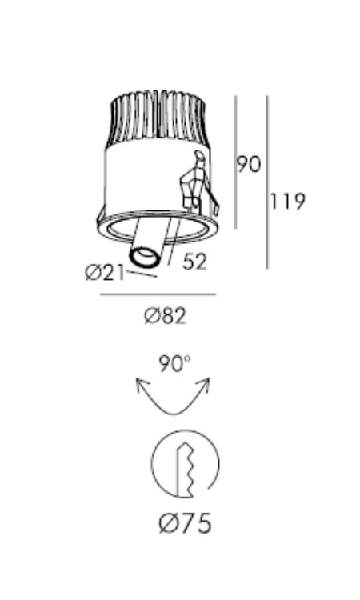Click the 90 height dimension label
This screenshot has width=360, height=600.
(249, 164)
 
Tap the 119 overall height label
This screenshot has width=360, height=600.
(288, 202)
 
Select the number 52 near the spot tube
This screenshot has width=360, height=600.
(194, 262)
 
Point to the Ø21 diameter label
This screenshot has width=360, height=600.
(105, 274)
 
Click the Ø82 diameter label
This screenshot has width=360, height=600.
(166, 317)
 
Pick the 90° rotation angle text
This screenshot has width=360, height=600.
(174, 364)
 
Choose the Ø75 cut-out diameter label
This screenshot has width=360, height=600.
(185, 523)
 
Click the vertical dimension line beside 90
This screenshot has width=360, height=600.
(236, 162)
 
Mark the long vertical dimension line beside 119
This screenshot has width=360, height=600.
(267, 182)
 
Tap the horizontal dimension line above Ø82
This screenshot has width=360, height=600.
(158, 294)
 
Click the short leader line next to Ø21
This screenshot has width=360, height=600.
(142, 274)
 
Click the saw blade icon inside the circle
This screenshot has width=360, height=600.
(185, 470)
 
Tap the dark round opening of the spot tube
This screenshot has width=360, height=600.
(144, 256)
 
